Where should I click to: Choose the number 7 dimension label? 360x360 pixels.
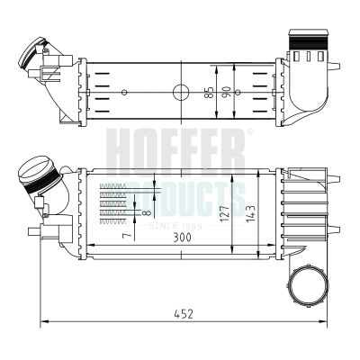pos(127,235)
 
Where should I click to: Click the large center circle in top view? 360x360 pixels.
pos(181,91)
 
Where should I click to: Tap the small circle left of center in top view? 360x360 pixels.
pos(124,91)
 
